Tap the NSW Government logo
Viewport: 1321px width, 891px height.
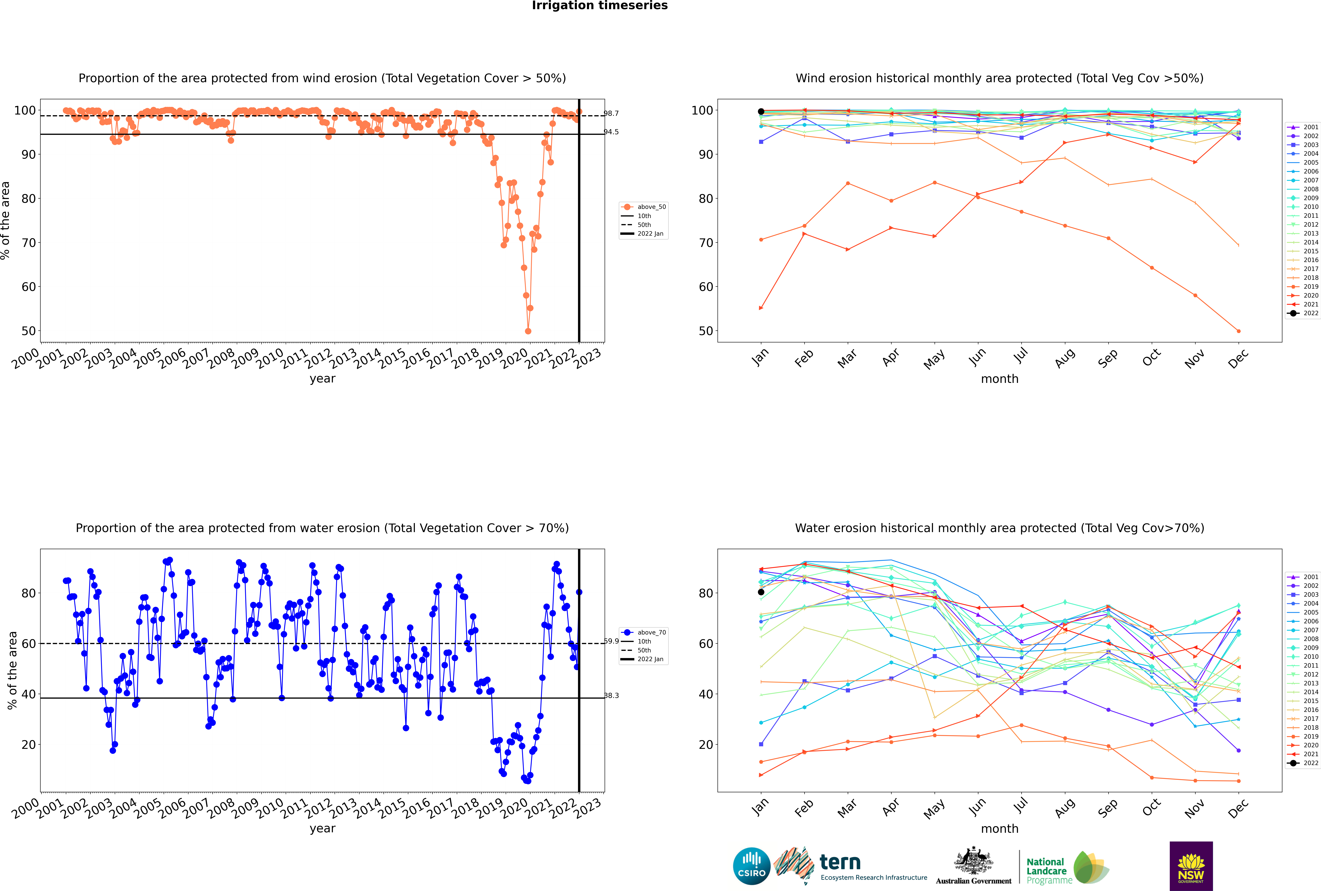(1191, 865)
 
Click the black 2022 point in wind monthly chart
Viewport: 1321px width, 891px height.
(761, 111)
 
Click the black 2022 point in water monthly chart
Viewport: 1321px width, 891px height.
(761, 592)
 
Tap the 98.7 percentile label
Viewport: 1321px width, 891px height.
(611, 114)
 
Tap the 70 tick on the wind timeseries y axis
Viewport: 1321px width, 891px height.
(28, 243)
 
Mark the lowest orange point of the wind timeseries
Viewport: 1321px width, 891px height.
(528, 331)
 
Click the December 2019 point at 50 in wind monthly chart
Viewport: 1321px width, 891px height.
(1239, 331)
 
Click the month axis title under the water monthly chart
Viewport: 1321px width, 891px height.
(1000, 829)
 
